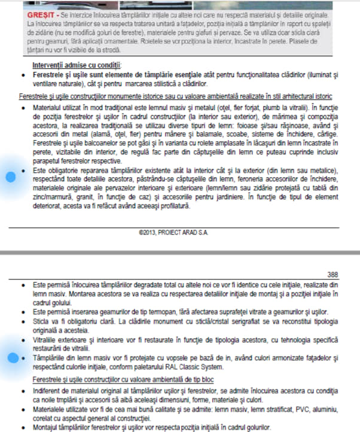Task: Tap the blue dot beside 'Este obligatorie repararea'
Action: click(10, 177)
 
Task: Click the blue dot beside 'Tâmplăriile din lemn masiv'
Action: click(10, 358)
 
